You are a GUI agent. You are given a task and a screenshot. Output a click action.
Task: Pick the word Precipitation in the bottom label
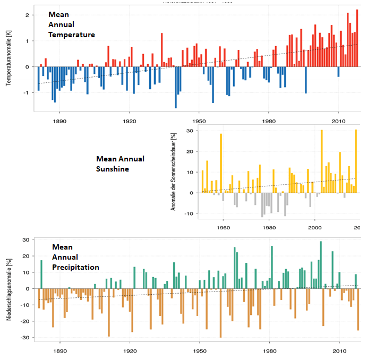point(75,267)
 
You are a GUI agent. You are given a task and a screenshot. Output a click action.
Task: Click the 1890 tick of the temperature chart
point(59,121)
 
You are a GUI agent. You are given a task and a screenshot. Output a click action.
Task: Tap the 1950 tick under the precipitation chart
point(199,351)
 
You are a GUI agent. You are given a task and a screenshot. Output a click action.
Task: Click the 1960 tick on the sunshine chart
point(224,228)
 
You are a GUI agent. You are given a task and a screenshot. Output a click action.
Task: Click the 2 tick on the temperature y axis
point(26,15)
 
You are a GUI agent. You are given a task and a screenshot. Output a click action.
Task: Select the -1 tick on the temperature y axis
point(25,92)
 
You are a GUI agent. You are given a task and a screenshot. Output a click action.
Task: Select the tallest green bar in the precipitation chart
point(321,265)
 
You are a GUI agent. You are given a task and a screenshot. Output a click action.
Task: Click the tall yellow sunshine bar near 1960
point(221,163)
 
